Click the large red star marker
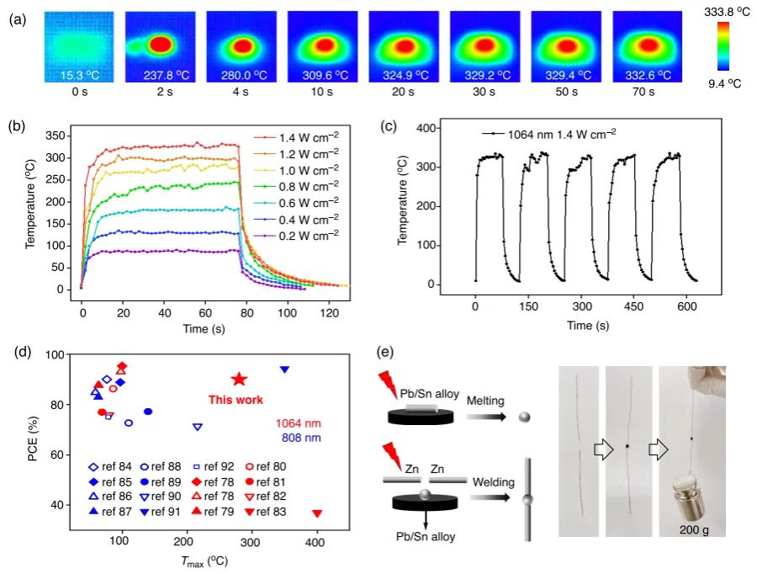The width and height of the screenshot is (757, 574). pos(240,380)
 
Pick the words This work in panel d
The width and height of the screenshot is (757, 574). pos(237,400)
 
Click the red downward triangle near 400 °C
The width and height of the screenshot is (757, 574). pos(317,513)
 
